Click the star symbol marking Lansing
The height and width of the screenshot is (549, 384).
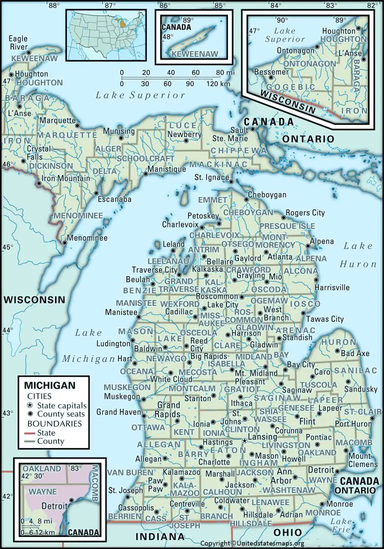[244, 441]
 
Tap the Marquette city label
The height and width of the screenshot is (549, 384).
[56, 120]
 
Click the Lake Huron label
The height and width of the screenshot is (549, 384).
[357, 255]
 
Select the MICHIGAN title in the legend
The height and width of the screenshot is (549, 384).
[50, 385]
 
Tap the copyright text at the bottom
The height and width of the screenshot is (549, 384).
[252, 544]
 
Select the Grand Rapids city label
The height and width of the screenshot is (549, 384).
[168, 410]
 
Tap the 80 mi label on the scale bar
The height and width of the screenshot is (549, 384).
[223, 73]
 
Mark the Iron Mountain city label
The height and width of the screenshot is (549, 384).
[66, 178]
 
